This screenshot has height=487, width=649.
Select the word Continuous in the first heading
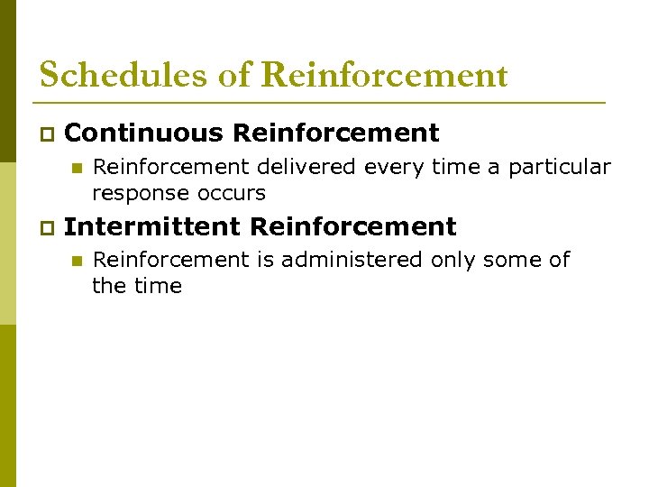144,133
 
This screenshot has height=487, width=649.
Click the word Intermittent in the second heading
152,225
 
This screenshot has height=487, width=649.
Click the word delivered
302,167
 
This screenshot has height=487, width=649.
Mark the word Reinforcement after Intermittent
353,225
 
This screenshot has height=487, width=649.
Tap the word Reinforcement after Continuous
335,133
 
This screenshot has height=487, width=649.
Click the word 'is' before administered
265,260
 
